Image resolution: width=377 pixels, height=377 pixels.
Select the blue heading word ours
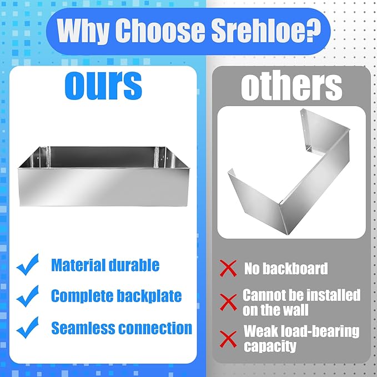[x=103, y=86]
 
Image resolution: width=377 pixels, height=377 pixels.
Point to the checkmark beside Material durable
[x=28, y=264]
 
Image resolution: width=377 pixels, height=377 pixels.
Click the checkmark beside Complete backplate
[x=28, y=296]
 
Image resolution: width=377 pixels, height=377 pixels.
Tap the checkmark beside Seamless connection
[x=28, y=328]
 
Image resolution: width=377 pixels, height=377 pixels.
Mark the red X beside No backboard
[x=228, y=268]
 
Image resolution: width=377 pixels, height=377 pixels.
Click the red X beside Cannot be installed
[x=228, y=302]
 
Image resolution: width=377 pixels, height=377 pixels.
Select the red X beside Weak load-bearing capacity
[x=228, y=339]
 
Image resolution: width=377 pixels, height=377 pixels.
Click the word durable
[x=134, y=265]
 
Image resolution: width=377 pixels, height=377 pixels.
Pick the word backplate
[x=149, y=296]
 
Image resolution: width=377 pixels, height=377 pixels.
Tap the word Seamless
[x=83, y=328]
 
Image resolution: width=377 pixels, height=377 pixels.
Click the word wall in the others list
[x=296, y=310]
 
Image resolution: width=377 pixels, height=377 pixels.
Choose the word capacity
[x=270, y=346]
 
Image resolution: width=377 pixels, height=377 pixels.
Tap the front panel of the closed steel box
[x=103, y=187]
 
